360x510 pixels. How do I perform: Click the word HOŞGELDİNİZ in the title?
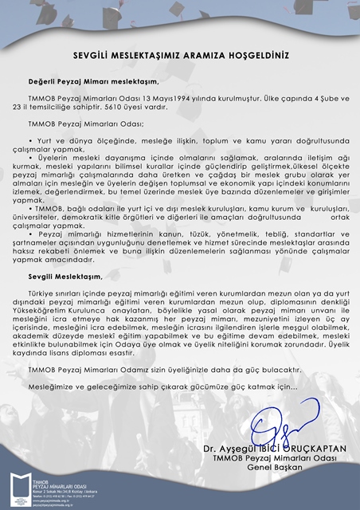coord(253,57)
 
